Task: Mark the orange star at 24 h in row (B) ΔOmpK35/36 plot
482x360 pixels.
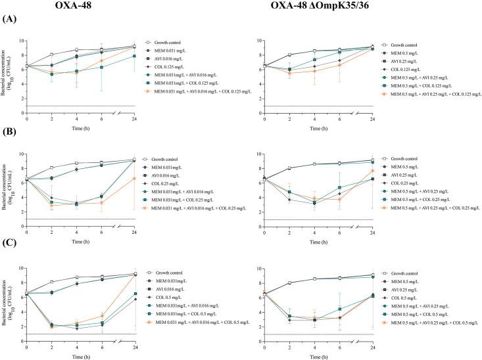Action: tap(373, 171)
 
